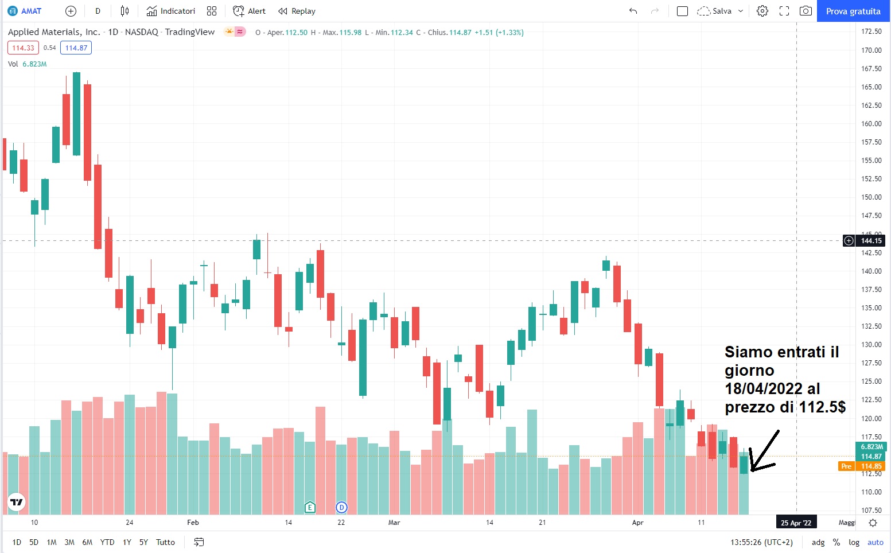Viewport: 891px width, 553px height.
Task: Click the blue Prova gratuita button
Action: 853,11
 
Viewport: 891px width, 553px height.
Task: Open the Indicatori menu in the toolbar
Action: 171,11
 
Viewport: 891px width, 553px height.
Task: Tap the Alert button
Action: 250,11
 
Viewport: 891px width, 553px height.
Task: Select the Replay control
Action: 297,11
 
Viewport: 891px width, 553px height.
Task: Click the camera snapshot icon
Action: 806,11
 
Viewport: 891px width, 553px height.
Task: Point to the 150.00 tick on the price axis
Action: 871,197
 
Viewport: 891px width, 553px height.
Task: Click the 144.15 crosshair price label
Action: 871,241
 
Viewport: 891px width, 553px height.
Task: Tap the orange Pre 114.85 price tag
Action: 861,466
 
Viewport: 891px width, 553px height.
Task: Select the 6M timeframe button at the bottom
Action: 87,542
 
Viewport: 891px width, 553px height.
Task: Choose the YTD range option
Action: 107,542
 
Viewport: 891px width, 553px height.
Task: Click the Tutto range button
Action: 165,542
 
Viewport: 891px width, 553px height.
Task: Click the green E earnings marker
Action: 310,507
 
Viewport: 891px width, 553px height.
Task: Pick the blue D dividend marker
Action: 341,507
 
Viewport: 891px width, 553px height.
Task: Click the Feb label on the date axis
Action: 193,523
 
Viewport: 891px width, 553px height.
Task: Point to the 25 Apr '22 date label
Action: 796,523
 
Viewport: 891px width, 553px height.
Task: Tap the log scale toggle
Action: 854,542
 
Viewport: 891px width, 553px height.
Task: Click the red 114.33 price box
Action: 23,48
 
